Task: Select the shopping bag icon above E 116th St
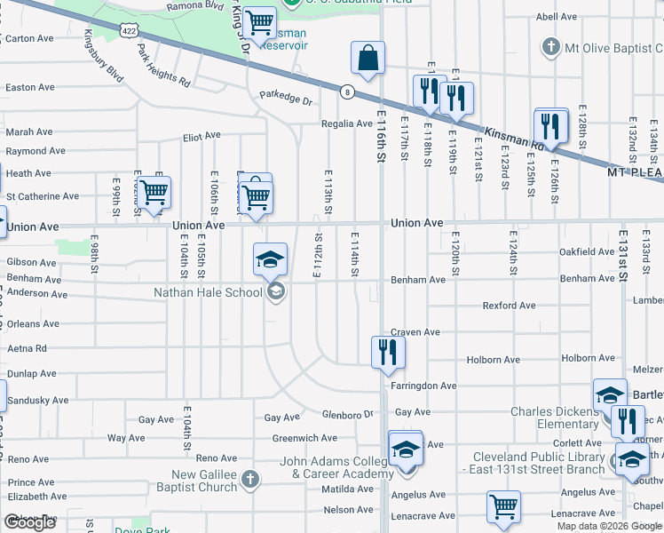368,60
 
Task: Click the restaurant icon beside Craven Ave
388,351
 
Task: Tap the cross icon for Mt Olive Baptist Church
550,46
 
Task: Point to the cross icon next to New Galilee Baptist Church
250,479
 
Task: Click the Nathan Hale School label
208,291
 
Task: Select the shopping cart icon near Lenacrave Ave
503,507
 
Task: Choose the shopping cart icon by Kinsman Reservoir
259,23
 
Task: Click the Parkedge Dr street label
287,96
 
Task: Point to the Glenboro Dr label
348,414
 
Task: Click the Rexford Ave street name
509,306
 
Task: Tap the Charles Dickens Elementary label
555,418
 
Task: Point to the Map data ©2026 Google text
608,526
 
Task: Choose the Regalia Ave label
347,123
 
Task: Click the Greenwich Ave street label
304,438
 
